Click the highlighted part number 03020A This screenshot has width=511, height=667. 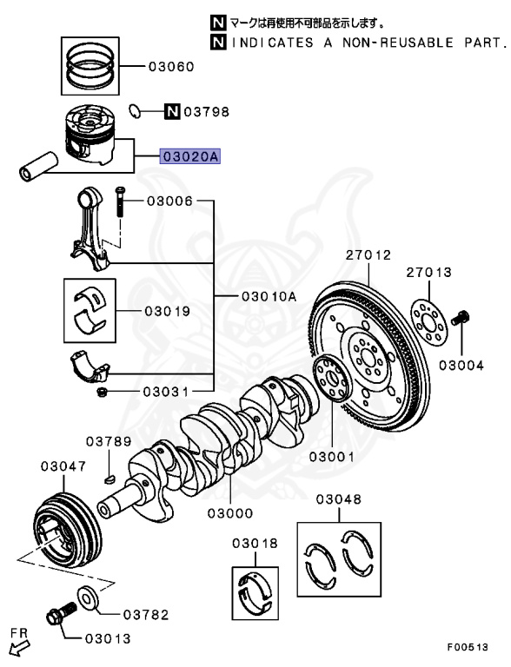[189, 157]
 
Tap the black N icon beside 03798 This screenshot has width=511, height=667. [171, 111]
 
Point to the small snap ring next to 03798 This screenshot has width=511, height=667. [135, 110]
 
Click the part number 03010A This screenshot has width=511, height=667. [269, 296]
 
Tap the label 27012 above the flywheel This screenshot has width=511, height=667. [368, 255]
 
